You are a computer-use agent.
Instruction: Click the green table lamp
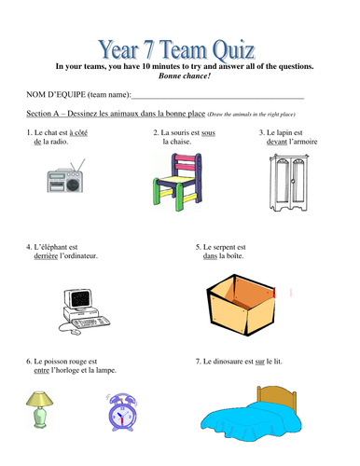pyautogui.click(x=40, y=407)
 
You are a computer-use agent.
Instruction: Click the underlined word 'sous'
pyautogui.click(x=208, y=133)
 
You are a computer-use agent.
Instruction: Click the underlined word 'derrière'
pyautogui.click(x=43, y=255)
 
